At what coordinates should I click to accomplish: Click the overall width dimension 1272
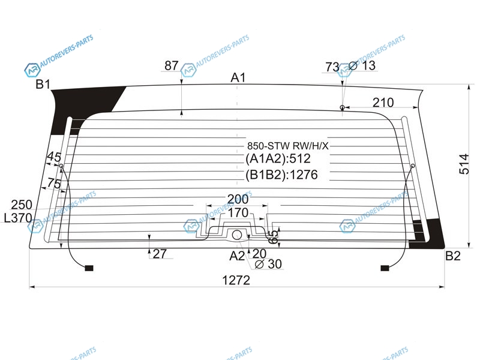point(236,280)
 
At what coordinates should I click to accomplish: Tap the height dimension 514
point(464,164)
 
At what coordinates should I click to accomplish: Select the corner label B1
point(43,84)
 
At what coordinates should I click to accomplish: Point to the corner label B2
point(453,256)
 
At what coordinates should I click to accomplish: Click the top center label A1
point(238,78)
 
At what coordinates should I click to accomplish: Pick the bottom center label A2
point(237,256)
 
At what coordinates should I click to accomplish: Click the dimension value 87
point(172,65)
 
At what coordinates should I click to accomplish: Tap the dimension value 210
point(383,102)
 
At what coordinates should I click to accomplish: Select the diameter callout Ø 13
point(362,65)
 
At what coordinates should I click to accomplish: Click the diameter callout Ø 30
point(268,263)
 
